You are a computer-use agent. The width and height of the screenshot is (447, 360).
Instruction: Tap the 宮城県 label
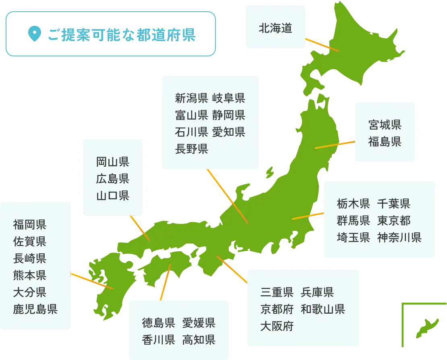point(385,125)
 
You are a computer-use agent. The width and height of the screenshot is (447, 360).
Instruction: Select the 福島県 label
point(385,141)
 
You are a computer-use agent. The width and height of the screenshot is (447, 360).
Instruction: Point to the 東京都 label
point(394,220)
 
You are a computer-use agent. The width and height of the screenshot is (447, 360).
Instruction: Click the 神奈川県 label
point(399,237)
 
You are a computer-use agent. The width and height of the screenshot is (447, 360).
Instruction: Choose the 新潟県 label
point(191,98)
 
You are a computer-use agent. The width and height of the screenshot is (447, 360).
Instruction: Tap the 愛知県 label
point(228,132)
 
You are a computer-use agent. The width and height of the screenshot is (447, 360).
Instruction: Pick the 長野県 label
point(191,149)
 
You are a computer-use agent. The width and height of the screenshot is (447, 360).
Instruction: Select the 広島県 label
point(112,179)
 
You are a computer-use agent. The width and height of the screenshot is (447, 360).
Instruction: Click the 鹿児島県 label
point(35,309)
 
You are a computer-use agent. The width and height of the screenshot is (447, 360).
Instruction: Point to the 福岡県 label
point(29,224)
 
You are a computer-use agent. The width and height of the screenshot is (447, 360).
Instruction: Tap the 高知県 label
point(199,339)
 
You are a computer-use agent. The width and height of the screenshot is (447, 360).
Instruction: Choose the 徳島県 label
point(158,323)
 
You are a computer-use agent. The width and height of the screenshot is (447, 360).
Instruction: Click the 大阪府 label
point(277,325)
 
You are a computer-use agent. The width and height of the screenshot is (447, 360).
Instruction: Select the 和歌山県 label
point(323,309)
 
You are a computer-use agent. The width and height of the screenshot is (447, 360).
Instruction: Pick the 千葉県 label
point(394,203)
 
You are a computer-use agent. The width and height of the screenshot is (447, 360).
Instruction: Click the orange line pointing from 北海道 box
point(322,45)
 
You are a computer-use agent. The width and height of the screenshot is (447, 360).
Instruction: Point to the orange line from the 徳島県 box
point(165,282)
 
